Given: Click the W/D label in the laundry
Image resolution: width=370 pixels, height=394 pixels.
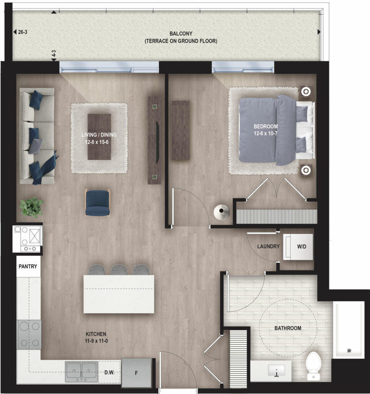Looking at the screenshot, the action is pos(301,247).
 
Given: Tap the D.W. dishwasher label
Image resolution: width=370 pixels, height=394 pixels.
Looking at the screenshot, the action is pos(109,372).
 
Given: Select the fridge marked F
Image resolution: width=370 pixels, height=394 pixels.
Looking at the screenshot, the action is pos(137,372).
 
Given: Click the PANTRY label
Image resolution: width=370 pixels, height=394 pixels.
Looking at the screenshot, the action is pos(28,266).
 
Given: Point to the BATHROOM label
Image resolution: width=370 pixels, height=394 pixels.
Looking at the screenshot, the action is pos(288,328).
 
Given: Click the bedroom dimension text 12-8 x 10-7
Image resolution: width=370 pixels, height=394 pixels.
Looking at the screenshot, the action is pos(265,134).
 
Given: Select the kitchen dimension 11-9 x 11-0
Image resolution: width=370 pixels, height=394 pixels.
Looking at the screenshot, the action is pos(96,341).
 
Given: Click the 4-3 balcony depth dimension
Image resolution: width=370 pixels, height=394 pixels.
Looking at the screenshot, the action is pos(54,53).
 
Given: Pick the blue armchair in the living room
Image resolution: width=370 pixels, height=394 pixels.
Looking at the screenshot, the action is pos(98,203).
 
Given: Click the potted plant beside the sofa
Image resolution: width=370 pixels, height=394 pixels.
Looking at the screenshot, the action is pos(32,207).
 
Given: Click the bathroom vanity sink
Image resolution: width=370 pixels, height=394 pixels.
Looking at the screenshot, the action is pos(277,371).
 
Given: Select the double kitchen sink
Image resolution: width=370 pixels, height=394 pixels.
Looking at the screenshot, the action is pos(81,372).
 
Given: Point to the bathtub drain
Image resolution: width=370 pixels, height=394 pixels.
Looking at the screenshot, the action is pos(349,351).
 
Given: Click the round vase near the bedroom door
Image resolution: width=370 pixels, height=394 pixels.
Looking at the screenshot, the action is pos(222,212).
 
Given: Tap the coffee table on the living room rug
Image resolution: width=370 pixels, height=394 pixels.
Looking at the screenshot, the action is pos(99,137).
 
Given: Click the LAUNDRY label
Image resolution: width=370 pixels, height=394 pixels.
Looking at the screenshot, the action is pos(268,246).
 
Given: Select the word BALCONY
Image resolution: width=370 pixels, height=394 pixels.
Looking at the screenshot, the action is pos(181,33).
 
